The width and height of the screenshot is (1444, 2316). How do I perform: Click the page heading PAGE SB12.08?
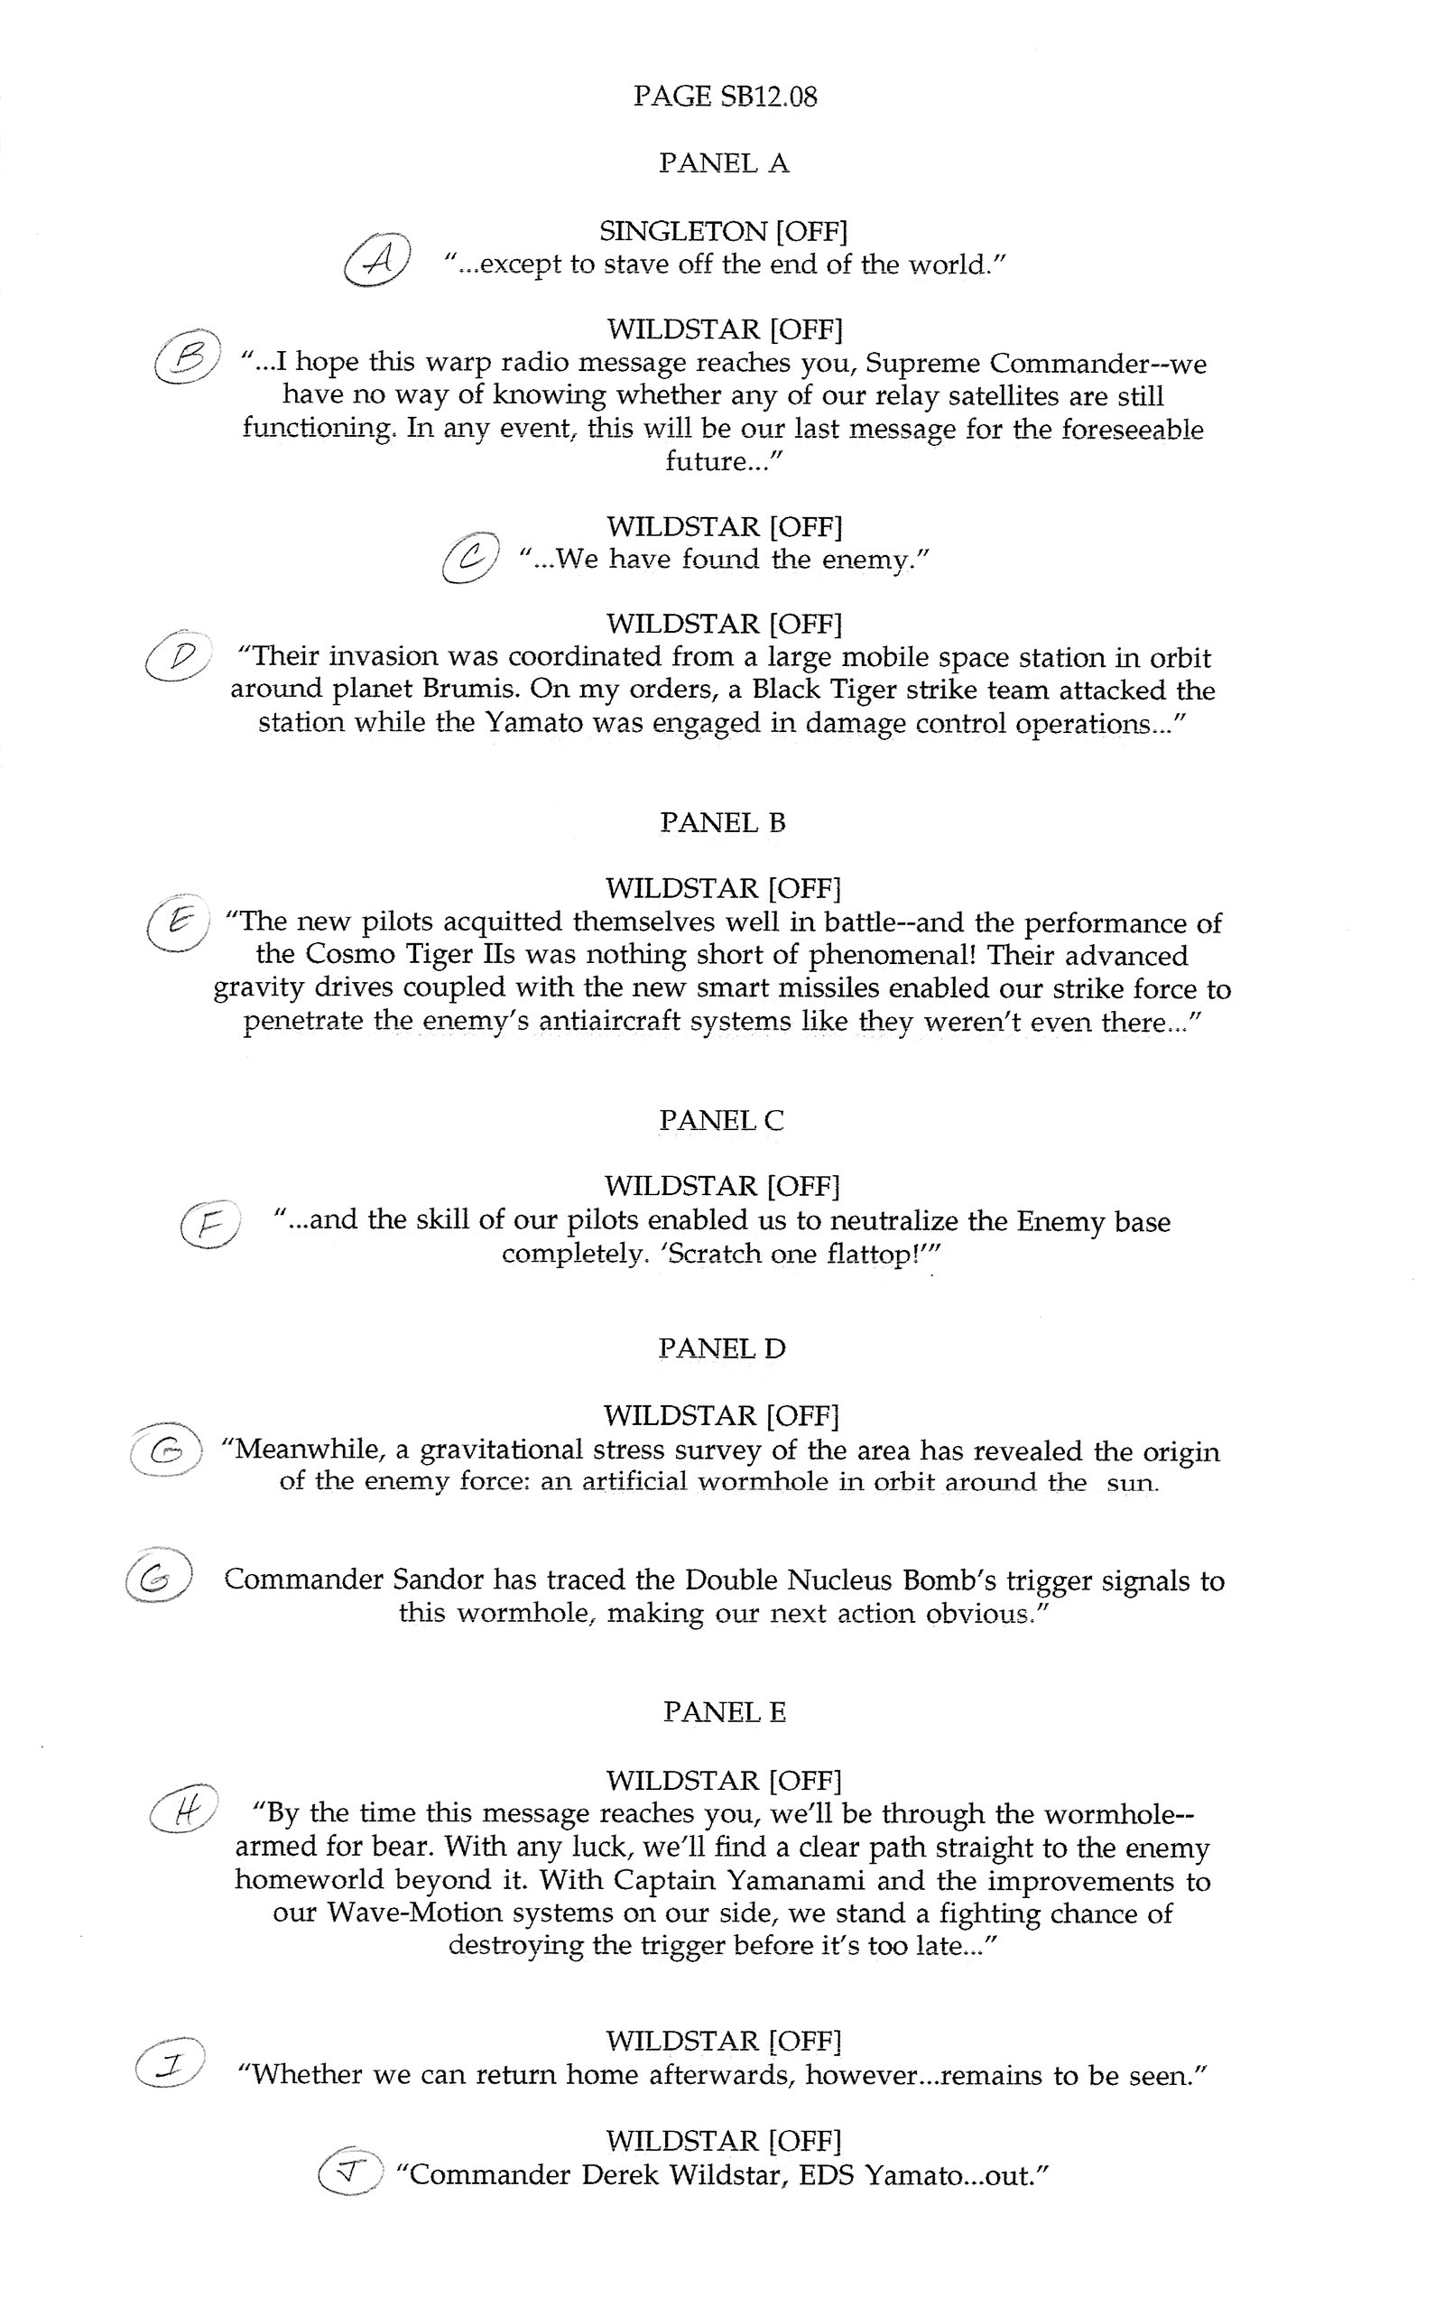pyautogui.click(x=725, y=97)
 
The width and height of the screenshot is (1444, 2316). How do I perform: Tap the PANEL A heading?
pyautogui.click(x=724, y=163)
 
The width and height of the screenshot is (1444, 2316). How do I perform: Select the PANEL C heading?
pyautogui.click(x=721, y=1120)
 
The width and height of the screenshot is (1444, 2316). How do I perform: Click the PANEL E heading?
pyautogui.click(x=724, y=1712)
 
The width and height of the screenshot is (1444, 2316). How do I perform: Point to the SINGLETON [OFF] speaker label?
pyautogui.click(x=724, y=231)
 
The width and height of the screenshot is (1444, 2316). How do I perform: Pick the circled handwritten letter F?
pyautogui.click(x=208, y=1226)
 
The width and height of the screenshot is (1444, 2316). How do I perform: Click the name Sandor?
pyautogui.click(x=439, y=1580)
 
